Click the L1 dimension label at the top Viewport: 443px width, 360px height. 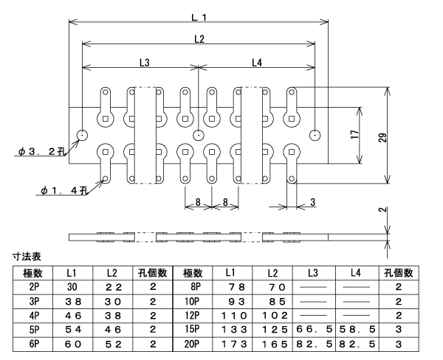tap(199, 18)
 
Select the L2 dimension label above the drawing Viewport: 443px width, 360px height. tap(199, 39)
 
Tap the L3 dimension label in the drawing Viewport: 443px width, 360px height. tap(145, 63)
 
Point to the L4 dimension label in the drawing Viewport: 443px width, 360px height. tap(257, 63)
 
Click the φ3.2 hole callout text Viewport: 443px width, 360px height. tap(41, 152)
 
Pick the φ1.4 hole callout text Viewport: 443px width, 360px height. tap(63, 190)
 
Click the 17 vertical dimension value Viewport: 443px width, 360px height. tap(355, 134)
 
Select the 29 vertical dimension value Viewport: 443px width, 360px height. tap(382, 137)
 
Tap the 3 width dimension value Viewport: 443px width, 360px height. tap(312, 202)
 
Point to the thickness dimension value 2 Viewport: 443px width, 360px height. tap(382, 210)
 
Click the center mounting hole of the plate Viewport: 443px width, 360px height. tap(199, 135)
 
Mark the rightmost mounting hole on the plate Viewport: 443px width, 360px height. tap(315, 135)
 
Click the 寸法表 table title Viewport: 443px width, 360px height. tap(27, 256)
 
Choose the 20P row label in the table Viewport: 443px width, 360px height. tap(192, 344)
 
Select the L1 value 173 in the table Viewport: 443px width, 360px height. tap(234, 345)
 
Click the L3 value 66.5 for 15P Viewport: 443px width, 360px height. tap(314, 329)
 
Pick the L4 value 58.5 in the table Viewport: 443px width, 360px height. tap(357, 329)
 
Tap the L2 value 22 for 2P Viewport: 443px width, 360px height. tap(113, 287)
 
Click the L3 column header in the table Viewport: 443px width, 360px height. tap(312, 273)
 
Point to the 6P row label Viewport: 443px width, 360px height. tap(34, 344)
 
